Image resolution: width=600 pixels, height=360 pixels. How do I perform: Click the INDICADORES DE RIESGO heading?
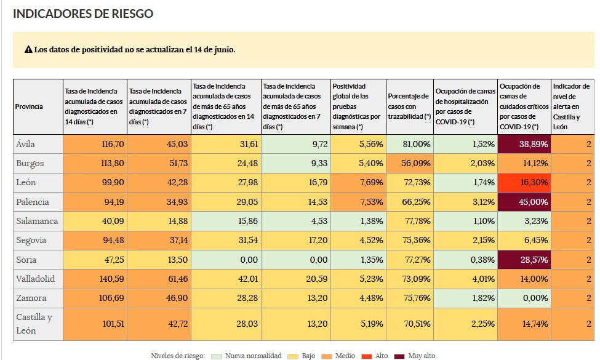pyautogui.click(x=83, y=14)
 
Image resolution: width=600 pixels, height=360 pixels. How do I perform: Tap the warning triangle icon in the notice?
pyautogui.click(x=28, y=49)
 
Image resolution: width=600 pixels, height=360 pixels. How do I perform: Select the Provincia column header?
pyautogui.click(x=29, y=106)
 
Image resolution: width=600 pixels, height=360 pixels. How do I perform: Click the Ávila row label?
pyautogui.click(x=26, y=144)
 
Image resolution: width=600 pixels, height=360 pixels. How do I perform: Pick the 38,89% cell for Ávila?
pyautogui.click(x=524, y=144)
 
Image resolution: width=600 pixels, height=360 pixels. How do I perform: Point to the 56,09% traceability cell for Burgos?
pyautogui.click(x=409, y=163)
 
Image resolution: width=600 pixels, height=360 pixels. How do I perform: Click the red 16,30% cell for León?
pyautogui.click(x=524, y=183)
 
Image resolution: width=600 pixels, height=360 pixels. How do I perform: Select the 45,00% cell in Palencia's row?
pyautogui.click(x=524, y=202)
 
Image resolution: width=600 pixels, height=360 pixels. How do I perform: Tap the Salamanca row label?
pyautogui.click(x=37, y=221)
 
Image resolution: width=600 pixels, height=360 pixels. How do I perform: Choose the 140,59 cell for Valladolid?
pyautogui.click(x=95, y=279)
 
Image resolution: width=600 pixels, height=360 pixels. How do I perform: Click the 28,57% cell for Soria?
pyautogui.click(x=524, y=260)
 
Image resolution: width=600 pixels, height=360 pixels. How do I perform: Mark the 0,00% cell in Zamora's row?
pyautogui.click(x=524, y=298)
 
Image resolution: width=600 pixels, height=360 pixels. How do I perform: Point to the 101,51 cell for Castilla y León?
pyautogui.click(x=95, y=324)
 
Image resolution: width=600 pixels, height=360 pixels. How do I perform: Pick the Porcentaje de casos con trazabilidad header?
pyautogui.click(x=409, y=106)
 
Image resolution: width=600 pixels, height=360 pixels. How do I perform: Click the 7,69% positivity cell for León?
pyautogui.click(x=358, y=183)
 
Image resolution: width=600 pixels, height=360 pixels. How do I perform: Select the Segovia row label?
pyautogui.click(x=31, y=241)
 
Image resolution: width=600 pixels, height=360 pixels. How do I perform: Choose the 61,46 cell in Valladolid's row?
pyautogui.click(x=159, y=279)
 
